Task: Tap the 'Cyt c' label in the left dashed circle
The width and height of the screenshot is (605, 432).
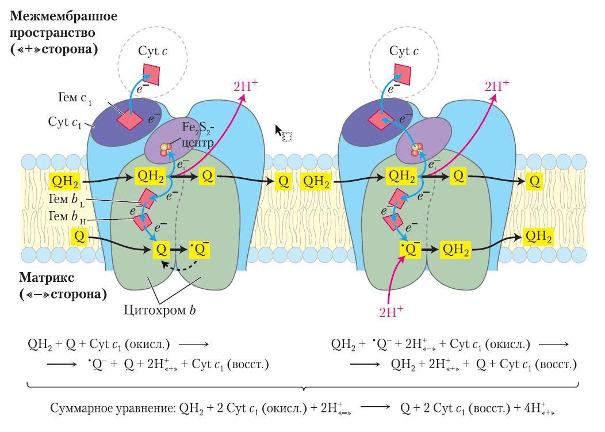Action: [x=152, y=51]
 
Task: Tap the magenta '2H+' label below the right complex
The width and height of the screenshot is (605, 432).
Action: [x=391, y=312]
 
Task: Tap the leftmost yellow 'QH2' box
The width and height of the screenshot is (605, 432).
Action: [x=64, y=181]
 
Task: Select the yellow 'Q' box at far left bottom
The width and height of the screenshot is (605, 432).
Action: [x=81, y=236]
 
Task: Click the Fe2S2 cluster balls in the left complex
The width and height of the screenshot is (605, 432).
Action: [x=167, y=148]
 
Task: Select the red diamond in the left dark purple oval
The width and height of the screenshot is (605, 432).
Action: [x=130, y=120]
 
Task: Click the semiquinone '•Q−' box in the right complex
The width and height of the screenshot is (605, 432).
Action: [x=408, y=250]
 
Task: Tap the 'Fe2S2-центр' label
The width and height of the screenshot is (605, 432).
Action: [x=198, y=133]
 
